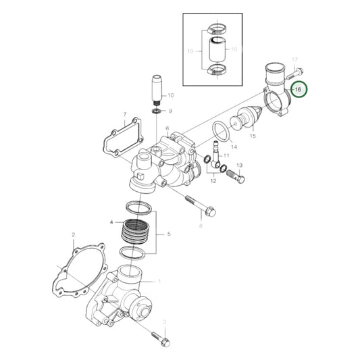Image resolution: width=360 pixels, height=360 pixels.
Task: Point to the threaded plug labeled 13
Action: [x=234, y=178]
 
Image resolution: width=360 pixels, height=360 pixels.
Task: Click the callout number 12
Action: [x=213, y=180]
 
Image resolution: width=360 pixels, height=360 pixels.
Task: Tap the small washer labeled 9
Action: [x=156, y=110]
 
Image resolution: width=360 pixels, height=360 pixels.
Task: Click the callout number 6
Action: [x=166, y=128]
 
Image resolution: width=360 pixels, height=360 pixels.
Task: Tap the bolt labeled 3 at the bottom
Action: [x=163, y=335]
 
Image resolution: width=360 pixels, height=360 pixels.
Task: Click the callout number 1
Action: [x=159, y=280]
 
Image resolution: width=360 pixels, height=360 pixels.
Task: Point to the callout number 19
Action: [x=190, y=51]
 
